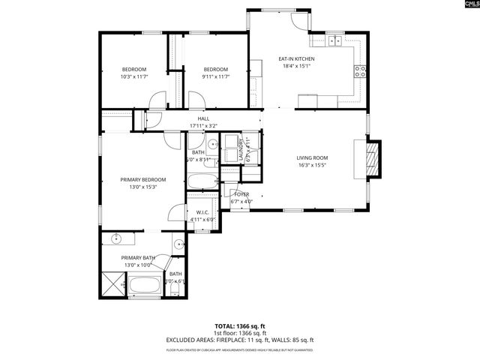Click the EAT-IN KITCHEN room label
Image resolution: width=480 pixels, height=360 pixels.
pos(296,58)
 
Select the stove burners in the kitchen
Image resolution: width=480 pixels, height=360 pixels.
pos(360,72)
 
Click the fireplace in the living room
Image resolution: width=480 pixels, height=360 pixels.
pos(373,158)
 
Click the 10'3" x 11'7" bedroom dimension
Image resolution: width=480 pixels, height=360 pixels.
pos(133,76)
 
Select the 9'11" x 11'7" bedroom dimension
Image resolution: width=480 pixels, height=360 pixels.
pos(215,76)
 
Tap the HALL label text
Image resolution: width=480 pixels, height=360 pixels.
pos(203,118)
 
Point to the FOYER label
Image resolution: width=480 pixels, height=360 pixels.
pos(241,194)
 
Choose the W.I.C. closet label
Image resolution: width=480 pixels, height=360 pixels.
pos(202,213)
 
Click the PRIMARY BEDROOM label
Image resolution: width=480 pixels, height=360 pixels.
pos(143,180)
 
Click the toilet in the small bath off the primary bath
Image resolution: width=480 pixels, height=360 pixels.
pos(175,288)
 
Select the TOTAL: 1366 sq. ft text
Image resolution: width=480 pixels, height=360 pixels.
pos(240,326)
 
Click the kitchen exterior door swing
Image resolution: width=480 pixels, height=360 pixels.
pos(301,21)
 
